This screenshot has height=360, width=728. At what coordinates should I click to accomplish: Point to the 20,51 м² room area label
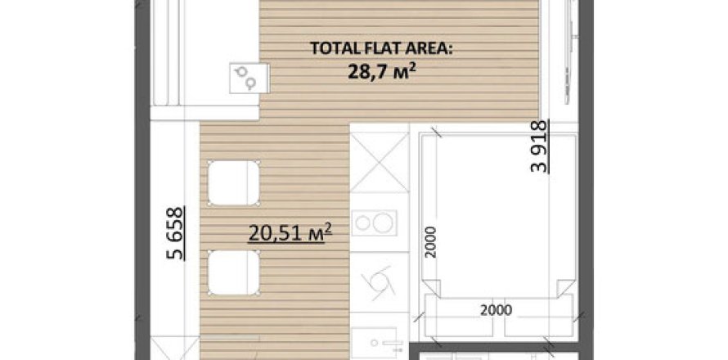290,232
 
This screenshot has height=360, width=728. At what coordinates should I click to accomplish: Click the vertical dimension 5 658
175,233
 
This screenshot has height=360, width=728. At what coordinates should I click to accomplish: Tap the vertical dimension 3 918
540,146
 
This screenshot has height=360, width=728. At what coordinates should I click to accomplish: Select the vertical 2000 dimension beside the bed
431,241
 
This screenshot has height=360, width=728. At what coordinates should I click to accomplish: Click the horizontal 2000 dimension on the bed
496,310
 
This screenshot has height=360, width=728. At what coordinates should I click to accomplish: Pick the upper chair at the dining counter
233,182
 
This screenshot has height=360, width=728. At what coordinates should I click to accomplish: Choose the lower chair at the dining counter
233,272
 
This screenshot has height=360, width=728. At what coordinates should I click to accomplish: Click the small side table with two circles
249,78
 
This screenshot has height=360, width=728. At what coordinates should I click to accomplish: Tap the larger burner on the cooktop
382,223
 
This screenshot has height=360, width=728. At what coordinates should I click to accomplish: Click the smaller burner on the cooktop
362,223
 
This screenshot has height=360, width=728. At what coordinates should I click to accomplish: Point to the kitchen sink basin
374,344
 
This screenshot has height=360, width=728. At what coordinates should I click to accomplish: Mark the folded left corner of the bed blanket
431,288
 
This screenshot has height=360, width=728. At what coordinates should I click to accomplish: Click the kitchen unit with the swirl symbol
380,282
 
